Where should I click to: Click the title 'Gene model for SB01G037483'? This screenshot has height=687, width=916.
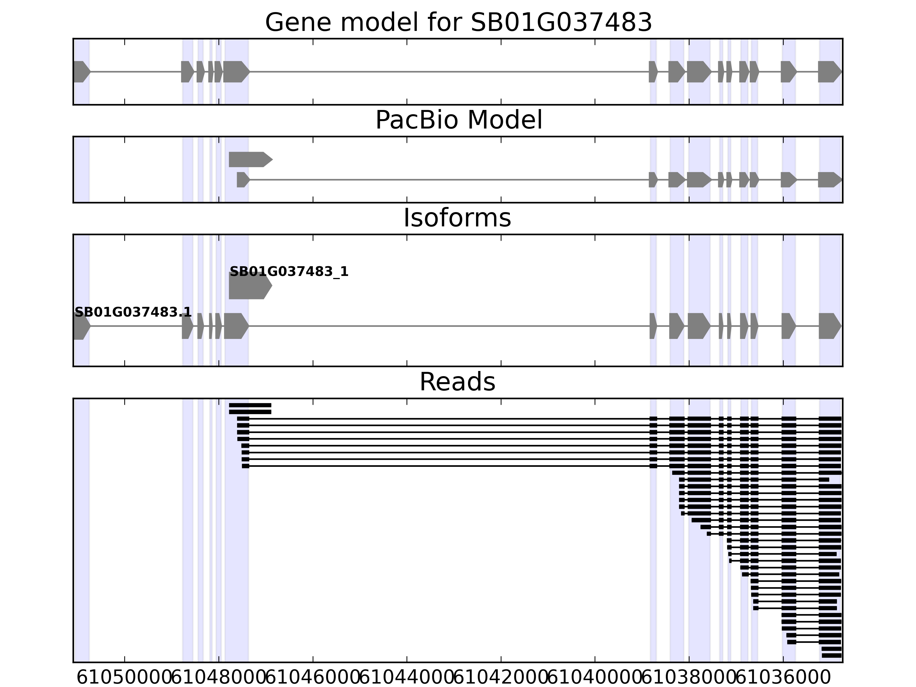point(458,22)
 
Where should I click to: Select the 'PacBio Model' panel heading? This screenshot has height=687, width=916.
point(458,121)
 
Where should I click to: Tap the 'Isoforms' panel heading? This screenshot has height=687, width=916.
point(457,218)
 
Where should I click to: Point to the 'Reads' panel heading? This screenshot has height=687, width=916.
point(457,382)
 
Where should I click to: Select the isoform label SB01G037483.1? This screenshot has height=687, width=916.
point(133,312)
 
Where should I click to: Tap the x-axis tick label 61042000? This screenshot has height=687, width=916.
point(501,678)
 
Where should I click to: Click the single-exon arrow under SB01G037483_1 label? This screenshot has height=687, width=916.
point(250,285)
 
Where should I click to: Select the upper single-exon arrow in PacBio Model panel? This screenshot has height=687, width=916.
point(250,159)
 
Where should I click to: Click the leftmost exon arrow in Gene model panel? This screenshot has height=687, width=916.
point(81,72)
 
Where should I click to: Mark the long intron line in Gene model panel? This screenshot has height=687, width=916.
point(449,72)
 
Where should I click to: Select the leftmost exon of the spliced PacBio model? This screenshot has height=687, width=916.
point(243,180)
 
